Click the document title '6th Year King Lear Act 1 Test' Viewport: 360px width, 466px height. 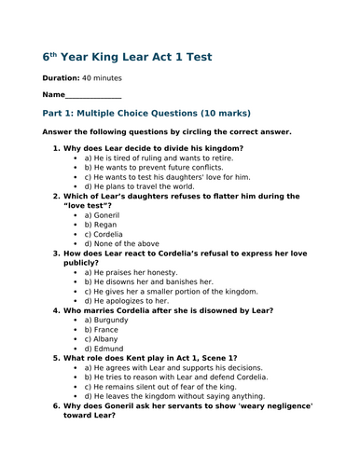(128, 57)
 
